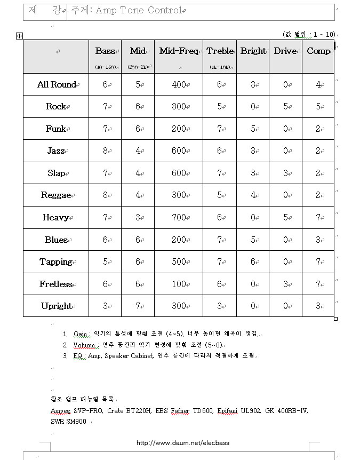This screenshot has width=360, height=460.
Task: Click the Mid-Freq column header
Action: click(x=178, y=51)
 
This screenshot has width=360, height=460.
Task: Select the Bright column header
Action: click(x=252, y=51)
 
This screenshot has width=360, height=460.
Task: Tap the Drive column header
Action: click(x=285, y=51)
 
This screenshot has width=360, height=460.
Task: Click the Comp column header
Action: click(x=318, y=51)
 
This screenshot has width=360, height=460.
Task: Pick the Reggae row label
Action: click(x=55, y=195)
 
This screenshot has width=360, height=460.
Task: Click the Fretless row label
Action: click(x=55, y=284)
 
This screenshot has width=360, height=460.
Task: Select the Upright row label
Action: click(x=55, y=306)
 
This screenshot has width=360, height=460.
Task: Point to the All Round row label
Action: click(x=56, y=85)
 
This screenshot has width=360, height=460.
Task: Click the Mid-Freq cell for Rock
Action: click(x=179, y=107)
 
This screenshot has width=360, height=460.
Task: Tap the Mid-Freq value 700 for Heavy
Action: click(x=179, y=218)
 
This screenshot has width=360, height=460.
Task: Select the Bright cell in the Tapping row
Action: click(x=252, y=262)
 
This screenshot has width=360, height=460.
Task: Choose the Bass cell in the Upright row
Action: click(x=105, y=306)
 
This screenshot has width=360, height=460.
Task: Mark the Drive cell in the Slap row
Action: click(x=285, y=173)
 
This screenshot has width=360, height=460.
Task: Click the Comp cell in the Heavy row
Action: click(x=318, y=218)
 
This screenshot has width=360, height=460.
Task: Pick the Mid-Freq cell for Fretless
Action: click(x=179, y=284)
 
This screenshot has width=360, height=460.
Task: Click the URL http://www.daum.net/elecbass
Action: click(x=183, y=443)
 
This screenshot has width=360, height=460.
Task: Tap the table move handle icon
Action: click(x=20, y=36)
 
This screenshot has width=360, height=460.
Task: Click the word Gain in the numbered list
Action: click(x=81, y=334)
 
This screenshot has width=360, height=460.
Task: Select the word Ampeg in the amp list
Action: click(x=60, y=411)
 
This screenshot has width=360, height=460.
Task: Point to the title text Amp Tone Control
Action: click(x=139, y=11)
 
